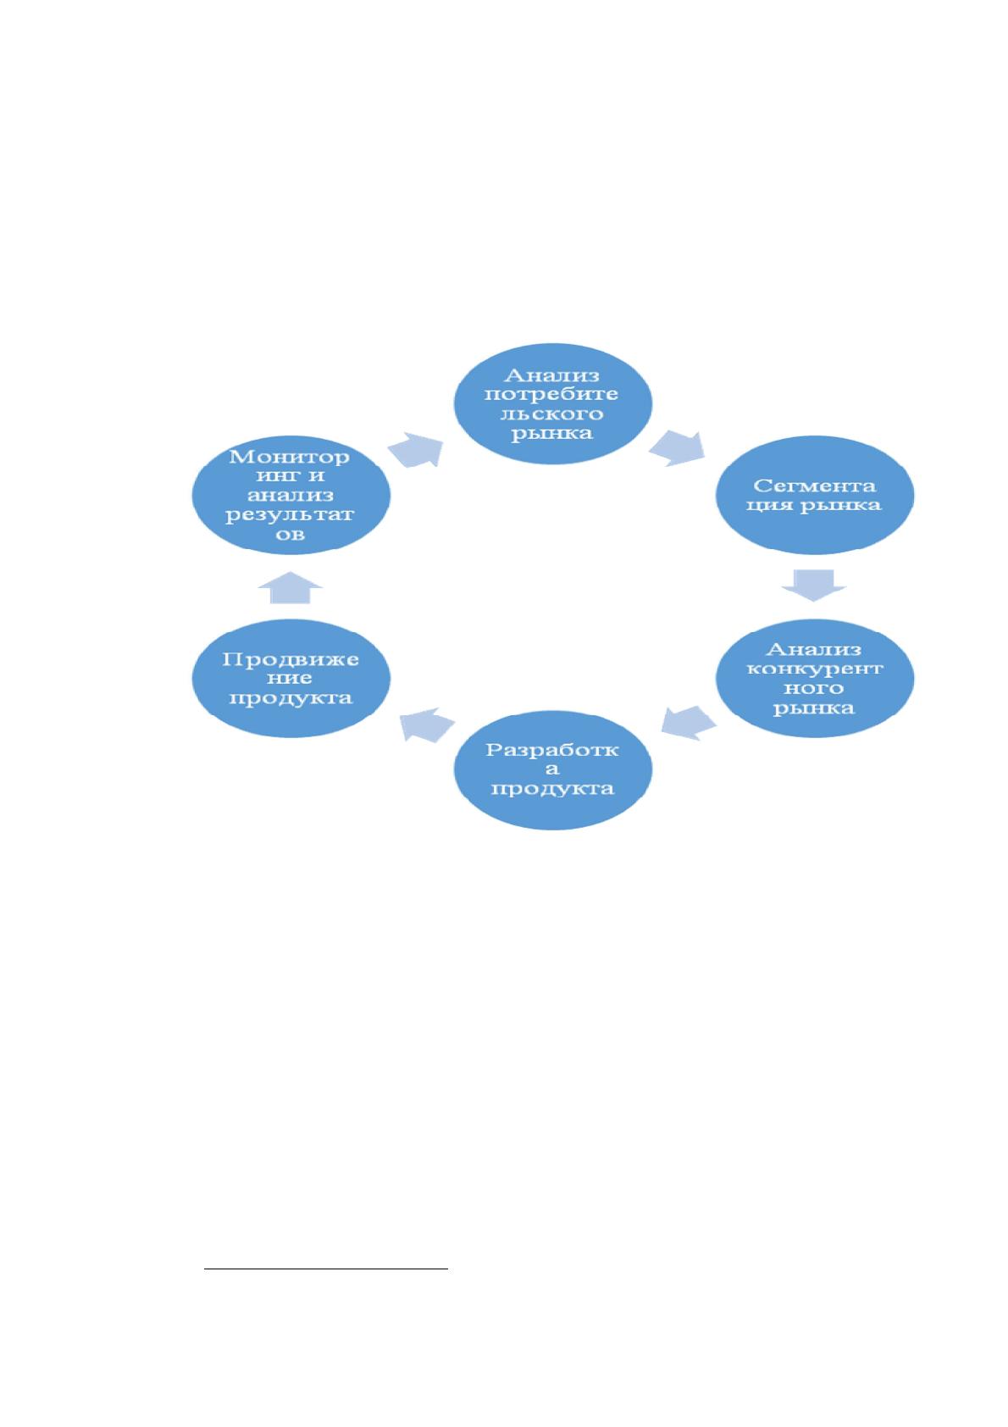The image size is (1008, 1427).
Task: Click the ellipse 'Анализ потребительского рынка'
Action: tap(552, 403)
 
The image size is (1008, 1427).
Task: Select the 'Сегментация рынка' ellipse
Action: tap(814, 495)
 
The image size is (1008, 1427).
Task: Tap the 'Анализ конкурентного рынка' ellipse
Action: tap(814, 678)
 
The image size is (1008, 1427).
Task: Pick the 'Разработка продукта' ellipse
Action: tap(552, 769)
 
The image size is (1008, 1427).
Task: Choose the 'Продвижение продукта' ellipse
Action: tap(291, 678)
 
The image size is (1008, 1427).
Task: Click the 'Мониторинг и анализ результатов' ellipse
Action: tap(291, 495)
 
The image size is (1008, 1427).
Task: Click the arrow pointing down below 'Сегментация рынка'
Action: tap(813, 585)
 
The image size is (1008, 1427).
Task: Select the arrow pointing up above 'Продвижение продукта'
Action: tap(291, 587)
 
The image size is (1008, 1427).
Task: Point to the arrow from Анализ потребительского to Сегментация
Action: tap(677, 448)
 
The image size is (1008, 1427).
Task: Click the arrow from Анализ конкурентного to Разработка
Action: tap(689, 723)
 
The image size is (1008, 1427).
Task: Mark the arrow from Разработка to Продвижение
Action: tap(427, 725)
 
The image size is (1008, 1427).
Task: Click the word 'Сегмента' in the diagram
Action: tap(814, 486)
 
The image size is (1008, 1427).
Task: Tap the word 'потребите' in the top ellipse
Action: tap(551, 394)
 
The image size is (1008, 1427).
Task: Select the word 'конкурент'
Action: tap(814, 669)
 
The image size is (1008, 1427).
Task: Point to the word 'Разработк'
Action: tap(551, 750)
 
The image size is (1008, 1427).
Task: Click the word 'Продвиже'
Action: tap(291, 658)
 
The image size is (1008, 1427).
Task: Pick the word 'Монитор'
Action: tap(289, 457)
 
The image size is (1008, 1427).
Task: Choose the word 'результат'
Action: tap(290, 514)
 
